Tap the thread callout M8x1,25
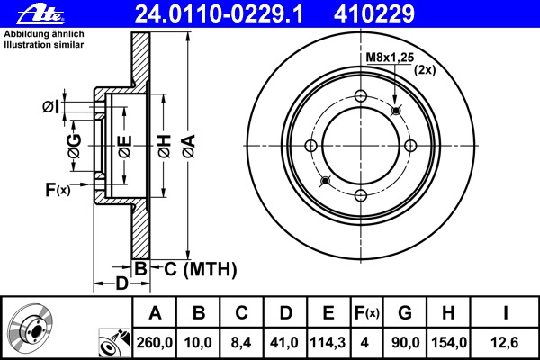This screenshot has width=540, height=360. (388, 58)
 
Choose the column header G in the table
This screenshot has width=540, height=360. (405, 313)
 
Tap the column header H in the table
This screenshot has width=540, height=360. (447, 313)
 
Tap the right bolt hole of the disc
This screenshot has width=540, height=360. (410, 147)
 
